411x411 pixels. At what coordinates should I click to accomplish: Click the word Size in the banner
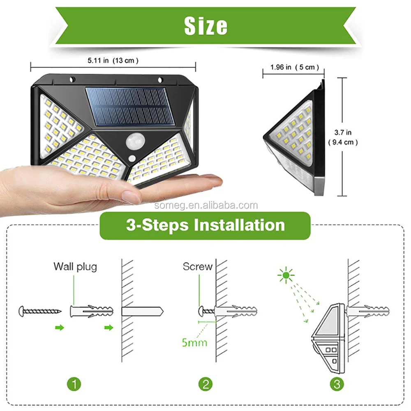[x=205, y=25]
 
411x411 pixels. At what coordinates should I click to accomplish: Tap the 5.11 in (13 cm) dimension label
[x=113, y=60]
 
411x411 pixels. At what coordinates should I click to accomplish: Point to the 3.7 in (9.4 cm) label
[x=342, y=137]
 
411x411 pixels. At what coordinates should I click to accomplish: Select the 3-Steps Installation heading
[x=205, y=226]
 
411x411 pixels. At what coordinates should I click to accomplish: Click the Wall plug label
[x=75, y=266]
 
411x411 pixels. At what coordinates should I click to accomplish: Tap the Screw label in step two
[x=198, y=266]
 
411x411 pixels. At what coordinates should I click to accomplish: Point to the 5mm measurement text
[x=194, y=342]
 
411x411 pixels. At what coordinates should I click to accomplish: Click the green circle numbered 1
[x=74, y=384]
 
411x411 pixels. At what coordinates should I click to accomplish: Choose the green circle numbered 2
[x=205, y=384]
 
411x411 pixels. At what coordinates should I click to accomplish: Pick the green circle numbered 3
[x=337, y=384]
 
